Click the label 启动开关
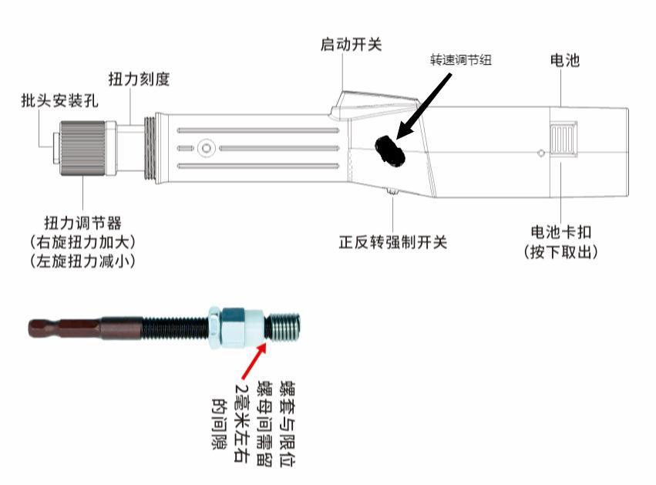[351, 44]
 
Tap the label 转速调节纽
[460, 60]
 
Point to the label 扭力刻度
[138, 78]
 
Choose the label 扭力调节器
[82, 224]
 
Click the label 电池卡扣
[562, 231]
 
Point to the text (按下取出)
[562, 251]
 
